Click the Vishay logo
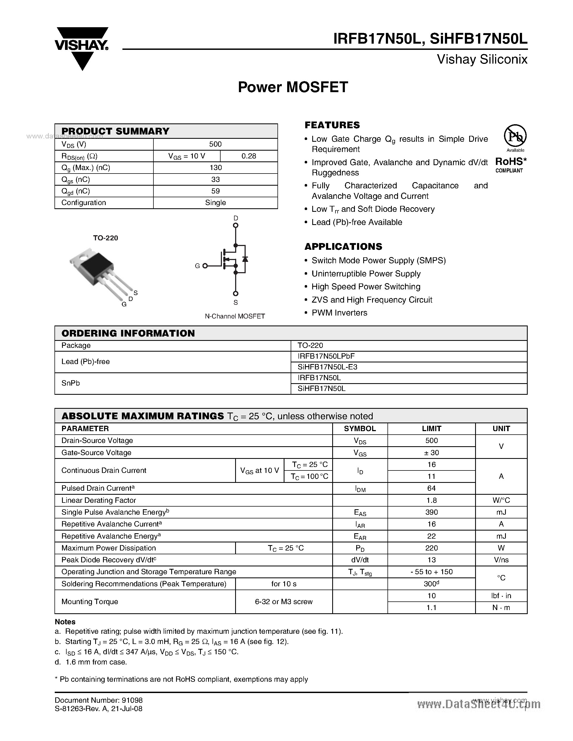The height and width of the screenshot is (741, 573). (x=81, y=47)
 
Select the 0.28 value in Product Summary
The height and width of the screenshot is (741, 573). (x=249, y=156)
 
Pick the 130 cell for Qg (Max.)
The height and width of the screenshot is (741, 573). (x=215, y=168)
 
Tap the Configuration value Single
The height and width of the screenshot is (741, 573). (x=215, y=203)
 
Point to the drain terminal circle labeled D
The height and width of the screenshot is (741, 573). (x=236, y=225)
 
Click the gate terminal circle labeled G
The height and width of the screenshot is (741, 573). (x=205, y=266)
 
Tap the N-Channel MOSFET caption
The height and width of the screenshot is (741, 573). (x=235, y=316)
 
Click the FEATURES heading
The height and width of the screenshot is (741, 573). (x=332, y=125)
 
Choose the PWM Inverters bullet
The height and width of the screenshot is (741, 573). (x=339, y=313)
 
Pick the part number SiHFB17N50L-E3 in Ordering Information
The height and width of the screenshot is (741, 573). (x=327, y=367)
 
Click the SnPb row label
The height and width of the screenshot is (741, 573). (x=71, y=383)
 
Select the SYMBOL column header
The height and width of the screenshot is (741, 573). (x=360, y=428)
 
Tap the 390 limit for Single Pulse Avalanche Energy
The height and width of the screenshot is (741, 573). (x=431, y=512)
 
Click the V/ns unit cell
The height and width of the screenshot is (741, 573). (x=501, y=560)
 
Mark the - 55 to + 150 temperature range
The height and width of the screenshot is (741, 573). (x=431, y=572)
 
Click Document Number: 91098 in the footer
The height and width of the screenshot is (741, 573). (x=99, y=700)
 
